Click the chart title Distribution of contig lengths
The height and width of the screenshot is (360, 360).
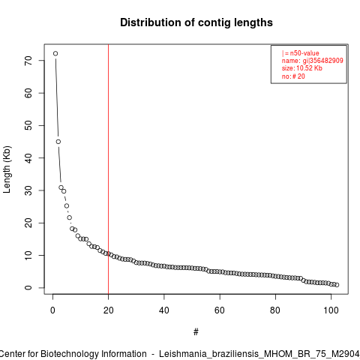pyautogui.click(x=196, y=22)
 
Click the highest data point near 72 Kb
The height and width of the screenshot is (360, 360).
pyautogui.click(x=55, y=53)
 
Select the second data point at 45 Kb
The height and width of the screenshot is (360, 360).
pyautogui.click(x=58, y=142)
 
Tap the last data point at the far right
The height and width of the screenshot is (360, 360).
pyautogui.click(x=337, y=285)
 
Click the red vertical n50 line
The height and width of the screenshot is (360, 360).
pyautogui.click(x=108, y=169)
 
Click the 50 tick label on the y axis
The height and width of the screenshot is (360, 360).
pyautogui.click(x=28, y=125)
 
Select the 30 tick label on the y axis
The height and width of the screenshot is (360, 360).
pyautogui.click(x=28, y=190)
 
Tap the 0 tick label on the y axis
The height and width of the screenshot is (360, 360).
pyautogui.click(x=28, y=288)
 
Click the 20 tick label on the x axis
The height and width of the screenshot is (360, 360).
pyautogui.click(x=108, y=310)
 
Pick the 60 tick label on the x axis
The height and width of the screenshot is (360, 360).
pyautogui.click(x=220, y=310)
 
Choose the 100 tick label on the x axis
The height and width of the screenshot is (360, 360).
pyautogui.click(x=331, y=310)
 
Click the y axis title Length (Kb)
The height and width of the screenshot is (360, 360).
pyautogui.click(x=7, y=169)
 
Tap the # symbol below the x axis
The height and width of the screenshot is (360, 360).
pyautogui.click(x=196, y=332)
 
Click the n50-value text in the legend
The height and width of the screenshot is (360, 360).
pyautogui.click(x=304, y=53)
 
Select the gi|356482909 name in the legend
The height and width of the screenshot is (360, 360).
pyautogui.click(x=323, y=61)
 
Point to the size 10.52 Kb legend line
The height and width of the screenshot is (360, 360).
pyautogui.click(x=302, y=68)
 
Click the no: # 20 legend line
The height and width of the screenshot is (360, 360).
pyautogui.click(x=293, y=76)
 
